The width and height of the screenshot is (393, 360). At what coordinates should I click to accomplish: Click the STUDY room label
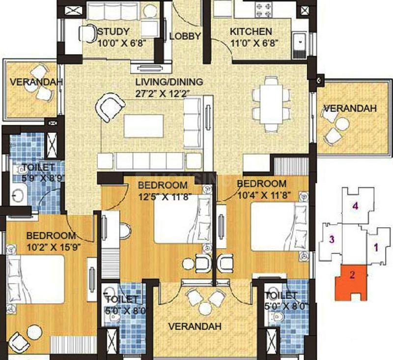(x=113, y=31)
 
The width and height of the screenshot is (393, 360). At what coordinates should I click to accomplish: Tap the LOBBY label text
(x=185, y=36)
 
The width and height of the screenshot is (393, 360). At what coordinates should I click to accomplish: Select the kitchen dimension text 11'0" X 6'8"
(x=254, y=43)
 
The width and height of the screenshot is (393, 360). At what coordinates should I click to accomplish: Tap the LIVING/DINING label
(x=169, y=82)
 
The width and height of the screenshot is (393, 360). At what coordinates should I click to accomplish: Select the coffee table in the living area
(x=143, y=126)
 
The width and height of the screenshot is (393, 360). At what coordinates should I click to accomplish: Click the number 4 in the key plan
(x=355, y=206)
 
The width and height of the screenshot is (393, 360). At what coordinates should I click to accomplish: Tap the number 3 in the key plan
(x=332, y=239)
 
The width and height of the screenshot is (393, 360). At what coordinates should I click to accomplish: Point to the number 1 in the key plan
(x=376, y=248)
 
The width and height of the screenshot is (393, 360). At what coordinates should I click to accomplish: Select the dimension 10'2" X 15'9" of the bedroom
(x=54, y=247)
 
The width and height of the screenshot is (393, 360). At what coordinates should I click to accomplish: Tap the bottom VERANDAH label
(x=195, y=327)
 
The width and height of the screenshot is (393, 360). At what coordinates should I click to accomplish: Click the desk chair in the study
(x=87, y=33)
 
